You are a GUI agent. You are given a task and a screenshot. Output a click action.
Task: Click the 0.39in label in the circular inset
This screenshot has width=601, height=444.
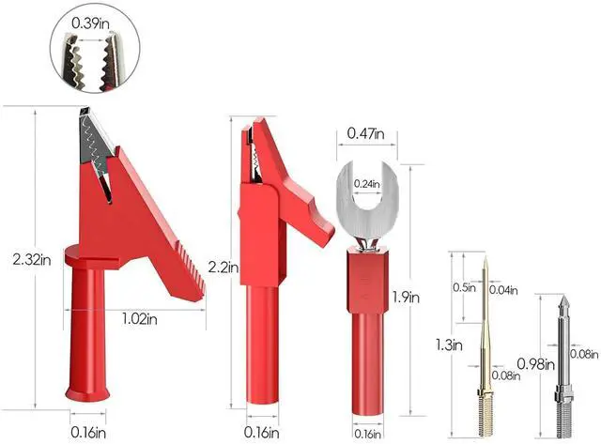click(90, 23)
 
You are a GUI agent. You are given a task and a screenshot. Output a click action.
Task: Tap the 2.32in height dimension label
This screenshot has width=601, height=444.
click(32, 260)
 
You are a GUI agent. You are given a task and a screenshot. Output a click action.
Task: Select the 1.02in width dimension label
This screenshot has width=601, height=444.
click(140, 319)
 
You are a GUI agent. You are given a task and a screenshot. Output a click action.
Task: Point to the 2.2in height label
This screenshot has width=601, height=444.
click(223, 267)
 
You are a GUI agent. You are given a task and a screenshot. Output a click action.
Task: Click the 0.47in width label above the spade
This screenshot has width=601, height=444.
click(365, 133)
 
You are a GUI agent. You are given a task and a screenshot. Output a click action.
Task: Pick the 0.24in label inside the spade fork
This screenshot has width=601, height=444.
click(367, 184)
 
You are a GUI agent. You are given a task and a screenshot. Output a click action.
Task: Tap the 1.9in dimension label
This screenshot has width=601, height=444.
click(406, 297)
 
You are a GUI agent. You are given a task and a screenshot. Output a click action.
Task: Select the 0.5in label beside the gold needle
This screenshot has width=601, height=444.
click(464, 287)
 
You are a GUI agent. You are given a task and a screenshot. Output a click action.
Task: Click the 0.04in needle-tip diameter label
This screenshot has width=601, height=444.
click(503, 290)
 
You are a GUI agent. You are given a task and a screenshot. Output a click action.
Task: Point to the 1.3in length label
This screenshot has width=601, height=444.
click(449, 345)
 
